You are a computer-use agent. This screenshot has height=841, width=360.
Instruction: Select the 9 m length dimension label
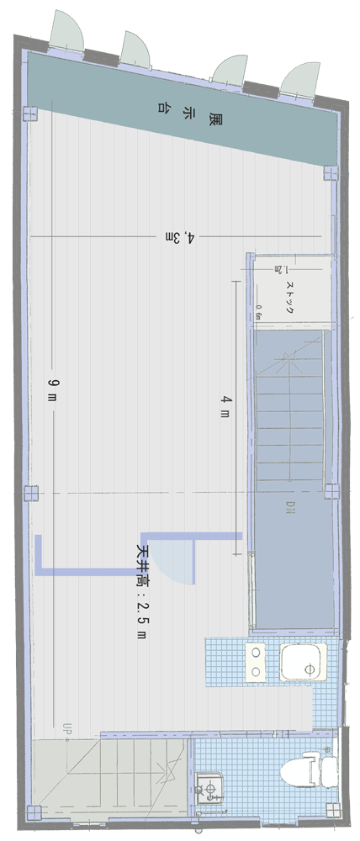point(52,389)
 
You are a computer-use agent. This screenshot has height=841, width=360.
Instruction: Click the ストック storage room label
point(289,297)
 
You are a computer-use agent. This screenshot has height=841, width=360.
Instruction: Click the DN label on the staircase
point(289,506)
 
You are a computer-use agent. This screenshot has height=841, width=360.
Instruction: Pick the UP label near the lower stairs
point(66,727)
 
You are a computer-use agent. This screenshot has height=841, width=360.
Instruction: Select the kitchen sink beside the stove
point(302,662)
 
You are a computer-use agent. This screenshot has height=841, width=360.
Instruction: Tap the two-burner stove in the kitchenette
point(255,662)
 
